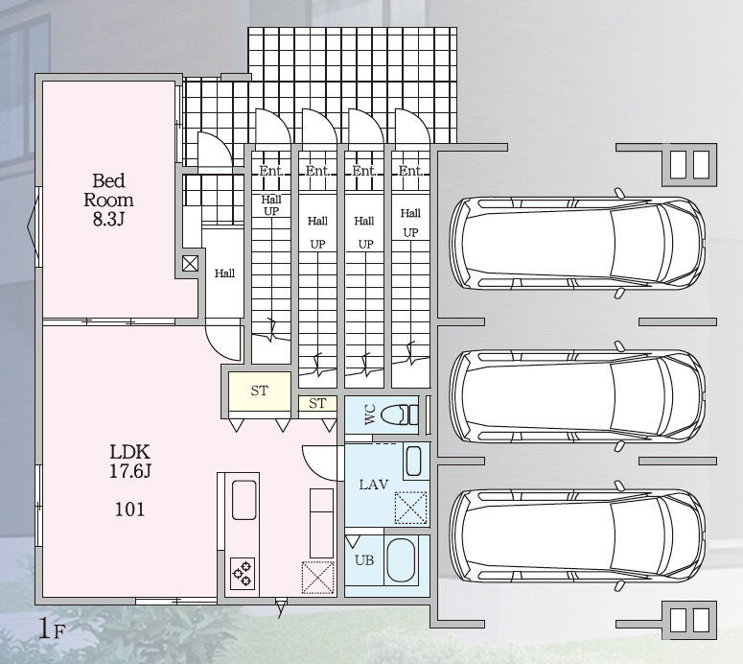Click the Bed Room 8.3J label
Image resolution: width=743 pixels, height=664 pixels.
108,200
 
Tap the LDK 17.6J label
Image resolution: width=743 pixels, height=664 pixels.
130,461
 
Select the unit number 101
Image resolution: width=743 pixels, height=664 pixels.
129,510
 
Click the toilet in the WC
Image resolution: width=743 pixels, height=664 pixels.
400,415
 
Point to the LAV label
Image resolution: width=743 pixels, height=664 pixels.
373,485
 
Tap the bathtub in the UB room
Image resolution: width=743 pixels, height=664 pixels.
401,561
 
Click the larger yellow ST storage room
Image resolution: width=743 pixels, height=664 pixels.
259,391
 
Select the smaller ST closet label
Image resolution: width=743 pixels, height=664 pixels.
317,404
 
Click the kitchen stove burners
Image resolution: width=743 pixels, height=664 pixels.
243,573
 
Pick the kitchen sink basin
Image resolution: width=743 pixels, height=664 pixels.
244,500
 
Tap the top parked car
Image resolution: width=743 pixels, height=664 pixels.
577,244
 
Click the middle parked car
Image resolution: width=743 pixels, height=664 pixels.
577,396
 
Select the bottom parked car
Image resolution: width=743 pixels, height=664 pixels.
577,535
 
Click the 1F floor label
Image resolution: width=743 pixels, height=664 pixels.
50,629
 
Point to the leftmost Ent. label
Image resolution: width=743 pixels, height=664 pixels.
271,171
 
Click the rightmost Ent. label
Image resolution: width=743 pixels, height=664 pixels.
410,171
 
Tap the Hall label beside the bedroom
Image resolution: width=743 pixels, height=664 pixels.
224,273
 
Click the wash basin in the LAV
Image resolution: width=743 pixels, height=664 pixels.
413,462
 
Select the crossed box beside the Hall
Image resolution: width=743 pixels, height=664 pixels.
190,263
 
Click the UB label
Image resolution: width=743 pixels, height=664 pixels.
364,560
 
